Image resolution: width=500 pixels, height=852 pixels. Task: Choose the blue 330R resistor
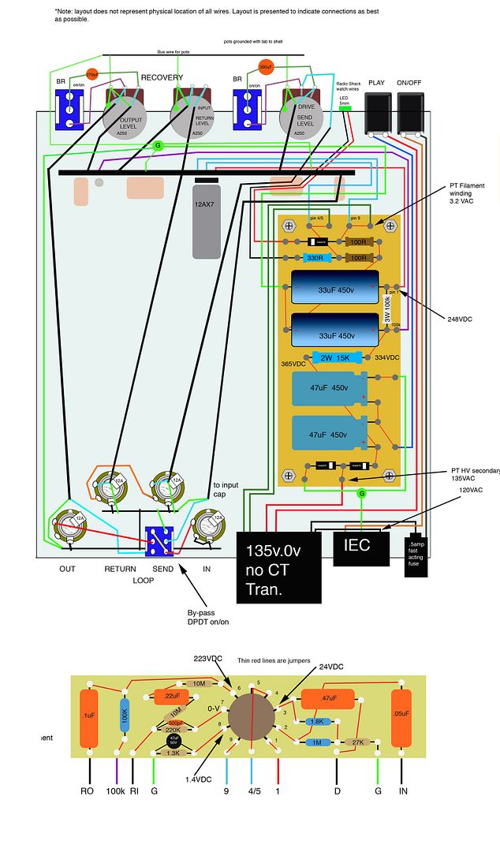click(315, 258)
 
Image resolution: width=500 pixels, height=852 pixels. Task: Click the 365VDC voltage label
click(292, 364)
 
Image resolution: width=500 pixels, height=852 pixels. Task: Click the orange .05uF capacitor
click(402, 718)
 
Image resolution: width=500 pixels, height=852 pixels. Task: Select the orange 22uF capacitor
click(171, 697)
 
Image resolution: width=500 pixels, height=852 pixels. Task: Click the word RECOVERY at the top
click(162, 78)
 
